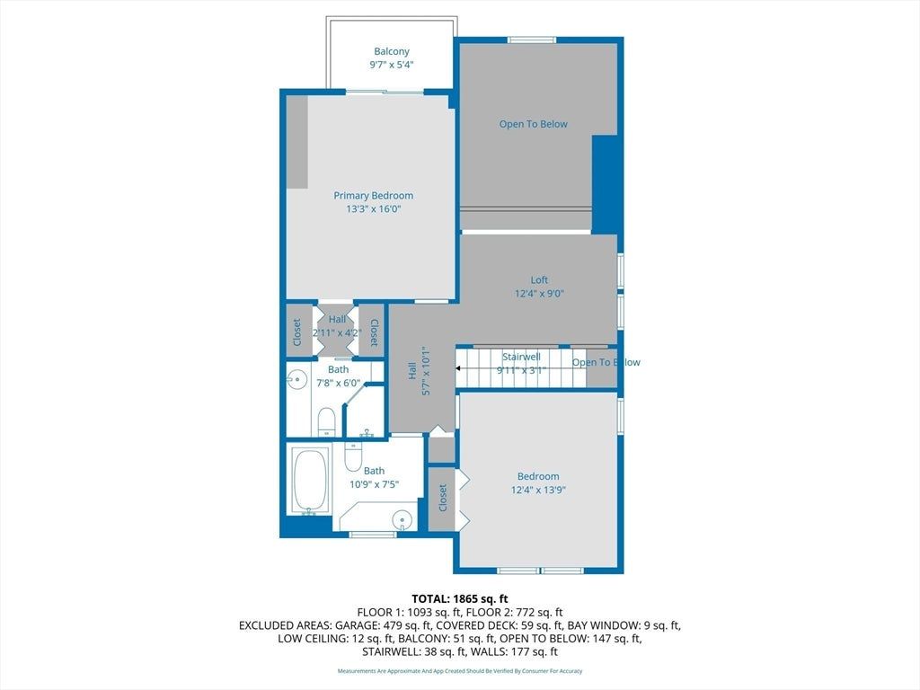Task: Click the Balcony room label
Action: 392,51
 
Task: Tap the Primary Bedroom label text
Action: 373,195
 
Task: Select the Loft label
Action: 539,280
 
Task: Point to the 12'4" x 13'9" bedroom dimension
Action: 538,490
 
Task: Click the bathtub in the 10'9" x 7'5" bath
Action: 310,482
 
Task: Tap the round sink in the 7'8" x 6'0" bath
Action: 298,380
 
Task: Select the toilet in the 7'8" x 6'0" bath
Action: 326,422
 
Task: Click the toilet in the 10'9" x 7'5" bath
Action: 353,456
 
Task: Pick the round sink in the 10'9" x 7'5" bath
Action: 402,520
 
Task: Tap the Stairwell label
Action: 521,357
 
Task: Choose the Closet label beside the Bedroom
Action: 442,498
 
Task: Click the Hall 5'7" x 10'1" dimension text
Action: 426,370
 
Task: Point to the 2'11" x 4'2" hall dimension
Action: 338,332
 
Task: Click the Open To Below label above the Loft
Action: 534,124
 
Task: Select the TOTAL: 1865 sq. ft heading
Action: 459,599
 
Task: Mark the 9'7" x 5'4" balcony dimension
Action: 392,65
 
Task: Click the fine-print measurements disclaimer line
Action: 460,670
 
